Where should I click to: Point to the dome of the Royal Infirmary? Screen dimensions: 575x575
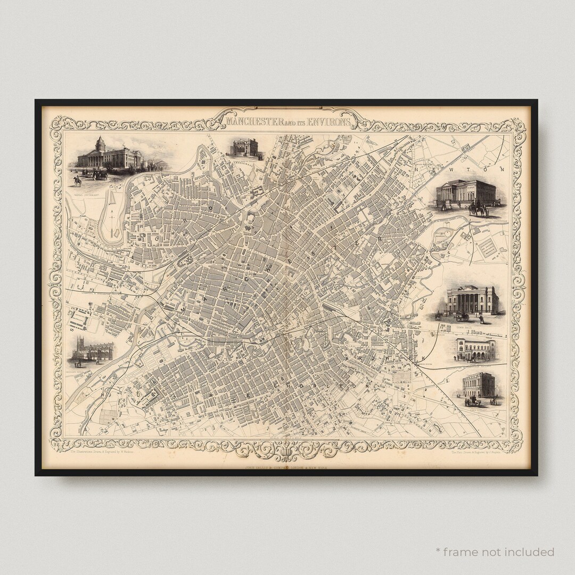tap(100, 144)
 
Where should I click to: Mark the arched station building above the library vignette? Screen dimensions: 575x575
tap(476, 349)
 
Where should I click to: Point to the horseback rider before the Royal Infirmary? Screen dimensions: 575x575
tap(78, 180)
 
